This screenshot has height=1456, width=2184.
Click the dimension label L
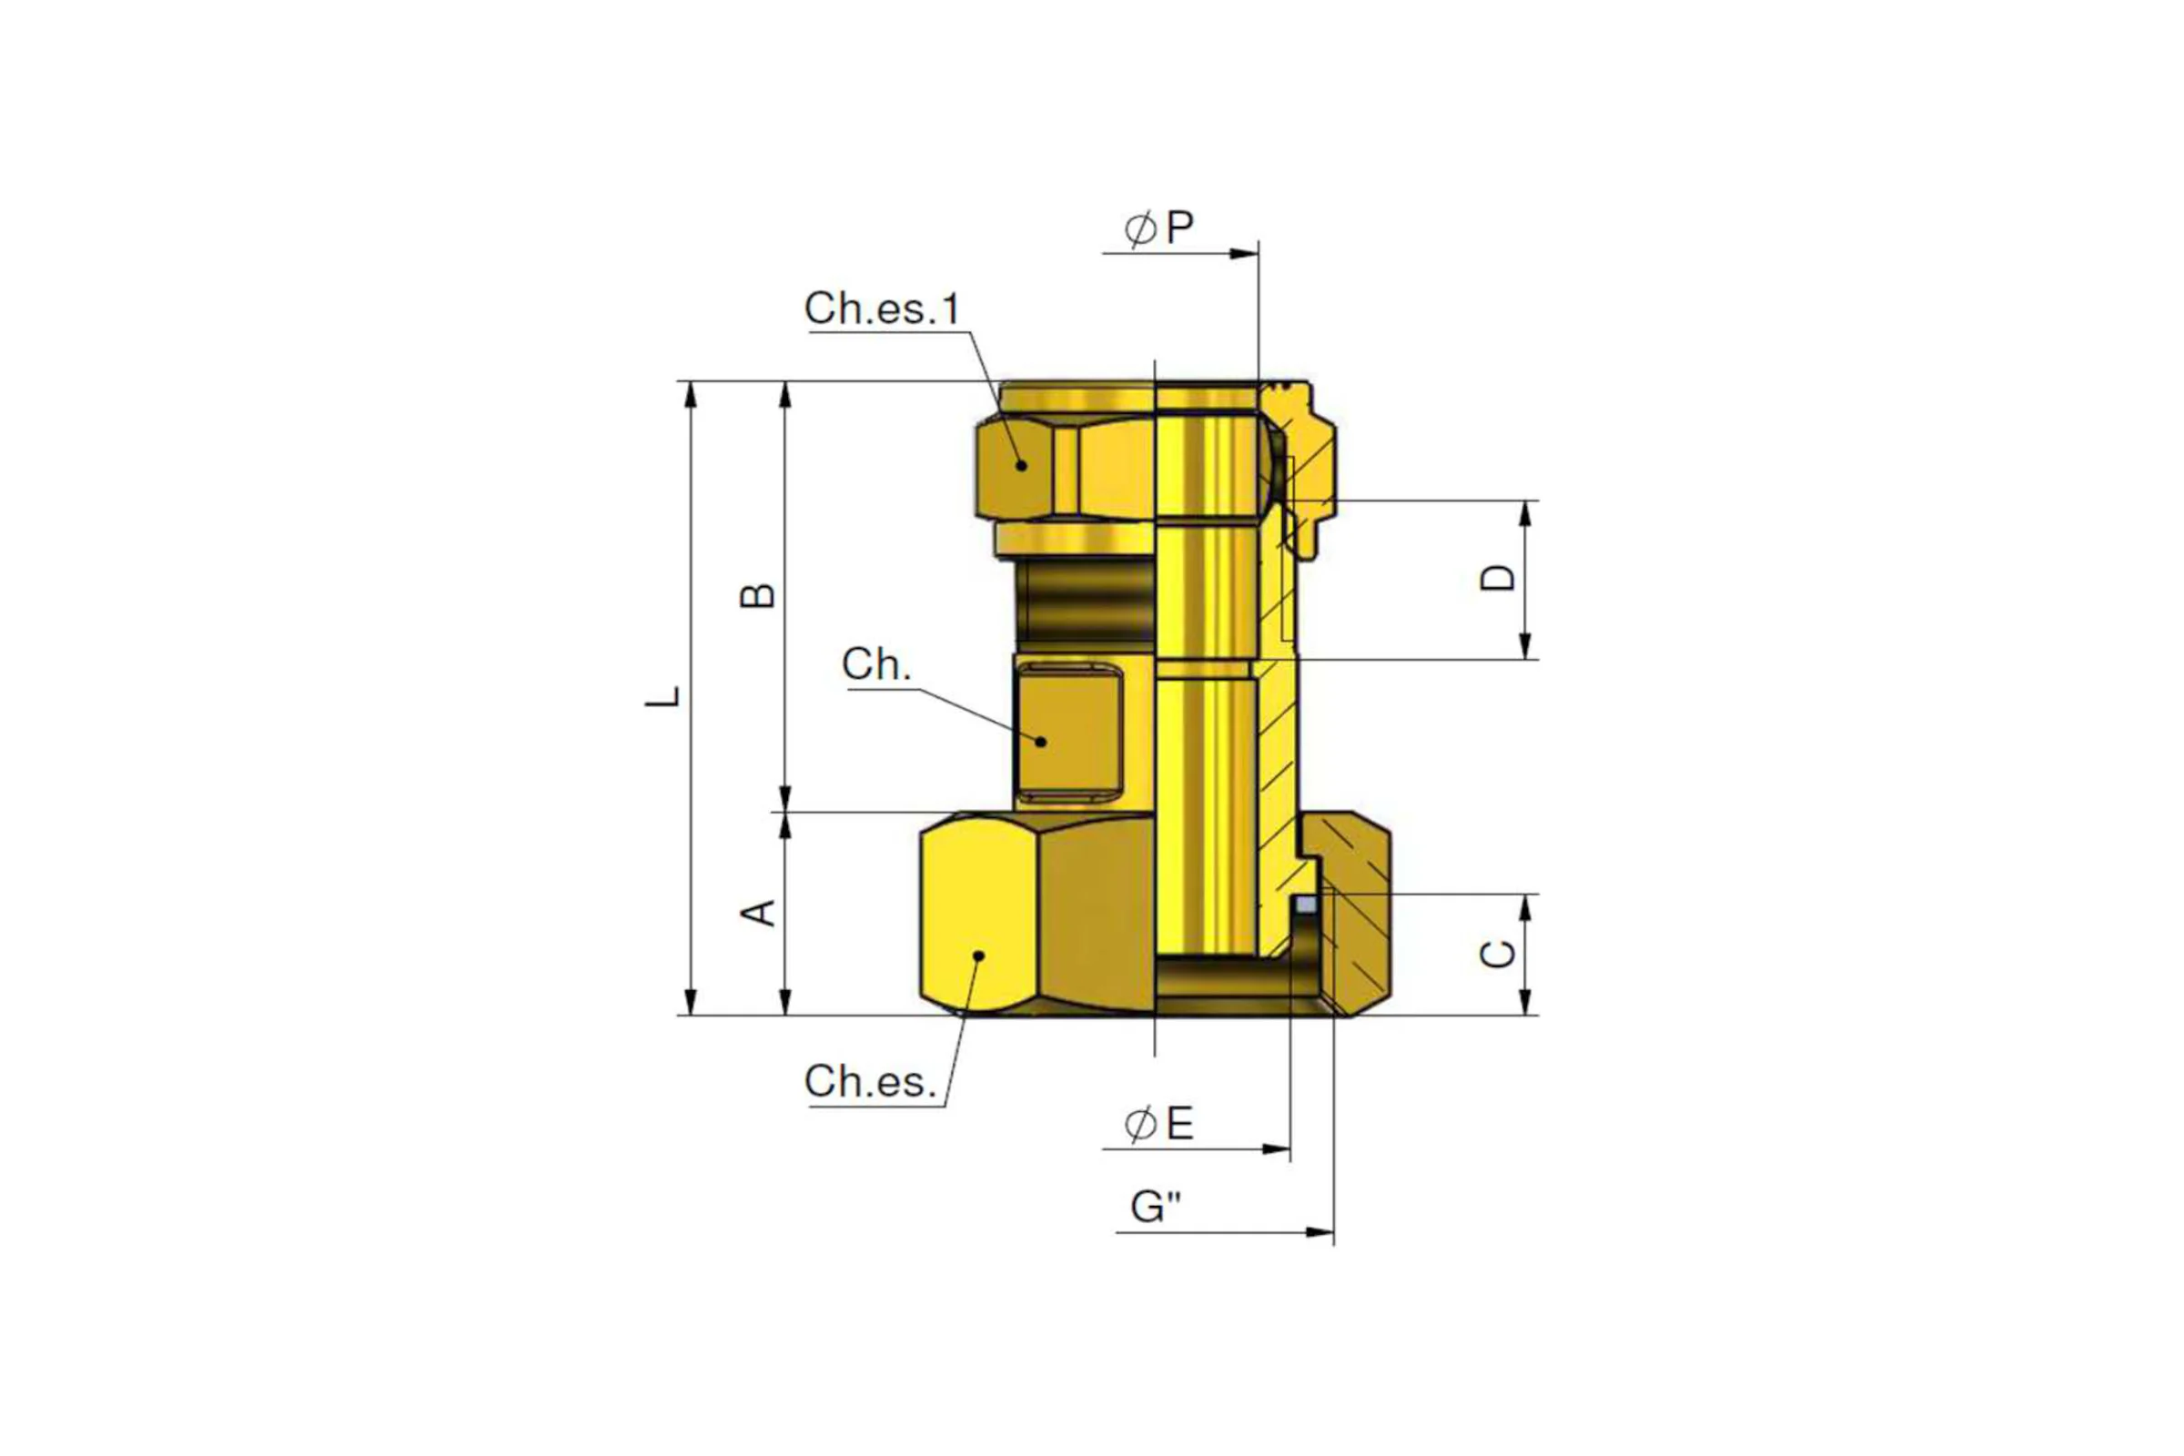663,696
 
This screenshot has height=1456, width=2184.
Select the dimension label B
758,594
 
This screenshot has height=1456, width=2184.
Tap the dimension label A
758,913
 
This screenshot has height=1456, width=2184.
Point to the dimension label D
1497,578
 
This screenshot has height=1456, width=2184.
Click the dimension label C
1497,954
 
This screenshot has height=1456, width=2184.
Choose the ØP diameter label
1158,227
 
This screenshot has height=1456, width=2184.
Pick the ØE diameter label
1158,1125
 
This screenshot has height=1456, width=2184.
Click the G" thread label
1156,1208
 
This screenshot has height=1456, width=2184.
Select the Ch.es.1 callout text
882,308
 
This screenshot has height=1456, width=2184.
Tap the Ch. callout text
876,665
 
